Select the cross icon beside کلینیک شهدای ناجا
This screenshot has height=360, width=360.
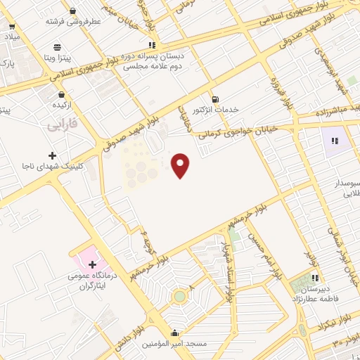[x=51, y=155]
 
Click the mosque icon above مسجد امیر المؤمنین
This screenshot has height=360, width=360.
[x=174, y=333]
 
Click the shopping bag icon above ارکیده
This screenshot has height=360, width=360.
[x=61, y=94]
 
